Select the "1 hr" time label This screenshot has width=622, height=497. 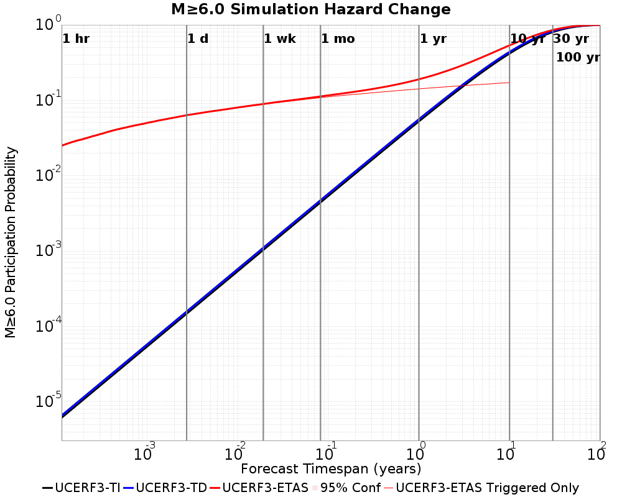pyautogui.click(x=76, y=39)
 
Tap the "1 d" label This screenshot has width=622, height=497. pyautogui.click(x=198, y=39)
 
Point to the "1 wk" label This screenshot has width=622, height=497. pyautogui.click(x=279, y=39)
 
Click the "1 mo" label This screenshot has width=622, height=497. pyautogui.click(x=338, y=39)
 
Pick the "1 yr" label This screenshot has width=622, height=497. pyautogui.click(x=433, y=39)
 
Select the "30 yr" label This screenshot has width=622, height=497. pyautogui.click(x=571, y=39)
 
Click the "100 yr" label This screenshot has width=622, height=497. pyautogui.click(x=578, y=58)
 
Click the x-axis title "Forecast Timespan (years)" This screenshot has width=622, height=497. pyautogui.click(x=331, y=468)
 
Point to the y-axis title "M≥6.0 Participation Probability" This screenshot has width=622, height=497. pyautogui.click(x=11, y=242)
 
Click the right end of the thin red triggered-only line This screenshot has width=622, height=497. pyautogui.click(x=509, y=83)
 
